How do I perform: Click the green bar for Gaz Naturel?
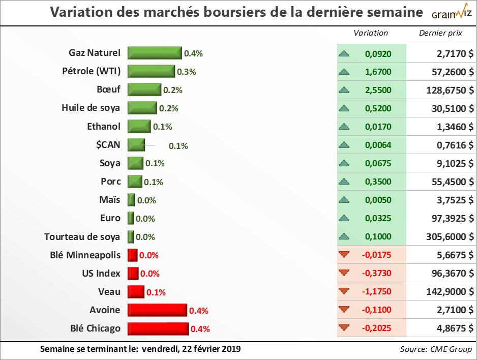155,53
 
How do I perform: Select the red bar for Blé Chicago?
158,328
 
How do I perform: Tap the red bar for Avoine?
158,310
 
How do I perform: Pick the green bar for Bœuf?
144,89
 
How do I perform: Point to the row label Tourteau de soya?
82,236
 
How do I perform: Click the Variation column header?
371,33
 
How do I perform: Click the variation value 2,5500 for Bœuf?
378,90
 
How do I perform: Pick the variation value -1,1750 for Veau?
377,291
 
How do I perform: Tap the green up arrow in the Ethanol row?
344,127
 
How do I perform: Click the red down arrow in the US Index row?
344,274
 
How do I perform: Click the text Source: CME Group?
436,349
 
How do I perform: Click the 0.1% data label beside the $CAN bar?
178,146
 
